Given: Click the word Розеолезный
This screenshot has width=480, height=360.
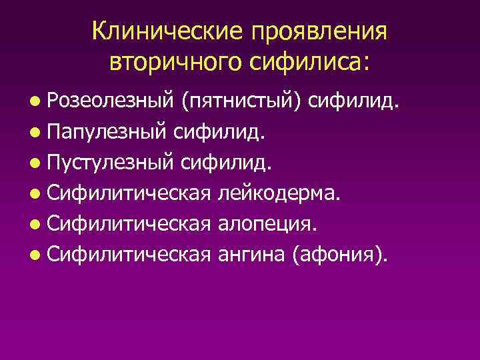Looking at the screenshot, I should click(111, 102).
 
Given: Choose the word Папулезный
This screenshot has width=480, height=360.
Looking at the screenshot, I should click(107, 133).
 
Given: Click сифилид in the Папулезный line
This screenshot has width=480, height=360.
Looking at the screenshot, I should click(218, 133).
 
